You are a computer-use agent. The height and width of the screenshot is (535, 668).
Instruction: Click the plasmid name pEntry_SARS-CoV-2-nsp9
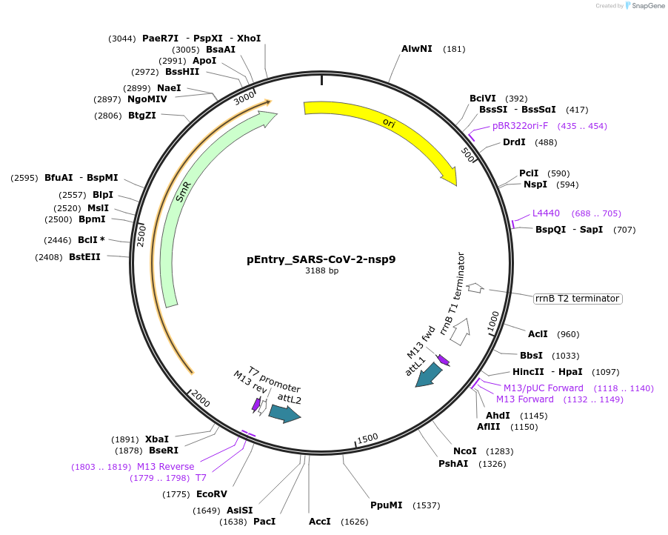[321, 259]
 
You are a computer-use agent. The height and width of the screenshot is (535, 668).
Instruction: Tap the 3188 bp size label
[321, 271]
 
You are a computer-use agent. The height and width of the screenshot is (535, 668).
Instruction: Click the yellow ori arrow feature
[385, 126]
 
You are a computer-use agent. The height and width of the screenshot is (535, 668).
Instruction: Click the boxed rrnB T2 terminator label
[577, 299]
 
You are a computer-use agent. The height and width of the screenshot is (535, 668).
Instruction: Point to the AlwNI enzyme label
[417, 49]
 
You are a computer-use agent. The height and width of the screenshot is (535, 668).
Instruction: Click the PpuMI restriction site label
[386, 505]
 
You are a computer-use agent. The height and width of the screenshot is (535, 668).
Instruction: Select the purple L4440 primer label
[547, 213]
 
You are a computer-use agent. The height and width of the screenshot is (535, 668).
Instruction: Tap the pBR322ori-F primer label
[520, 126]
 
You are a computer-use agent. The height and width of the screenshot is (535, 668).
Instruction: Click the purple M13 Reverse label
[165, 467]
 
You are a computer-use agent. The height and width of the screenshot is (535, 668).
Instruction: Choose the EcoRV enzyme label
[212, 494]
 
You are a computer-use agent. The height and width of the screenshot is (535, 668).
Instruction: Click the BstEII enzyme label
[84, 257]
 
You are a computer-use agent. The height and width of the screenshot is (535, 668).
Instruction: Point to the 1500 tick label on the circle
[367, 439]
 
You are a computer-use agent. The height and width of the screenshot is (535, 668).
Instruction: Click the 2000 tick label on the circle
[201, 398]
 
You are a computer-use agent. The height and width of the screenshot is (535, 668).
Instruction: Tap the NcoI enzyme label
[465, 451]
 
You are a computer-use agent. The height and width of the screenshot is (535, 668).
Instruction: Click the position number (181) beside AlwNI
[454, 49]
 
